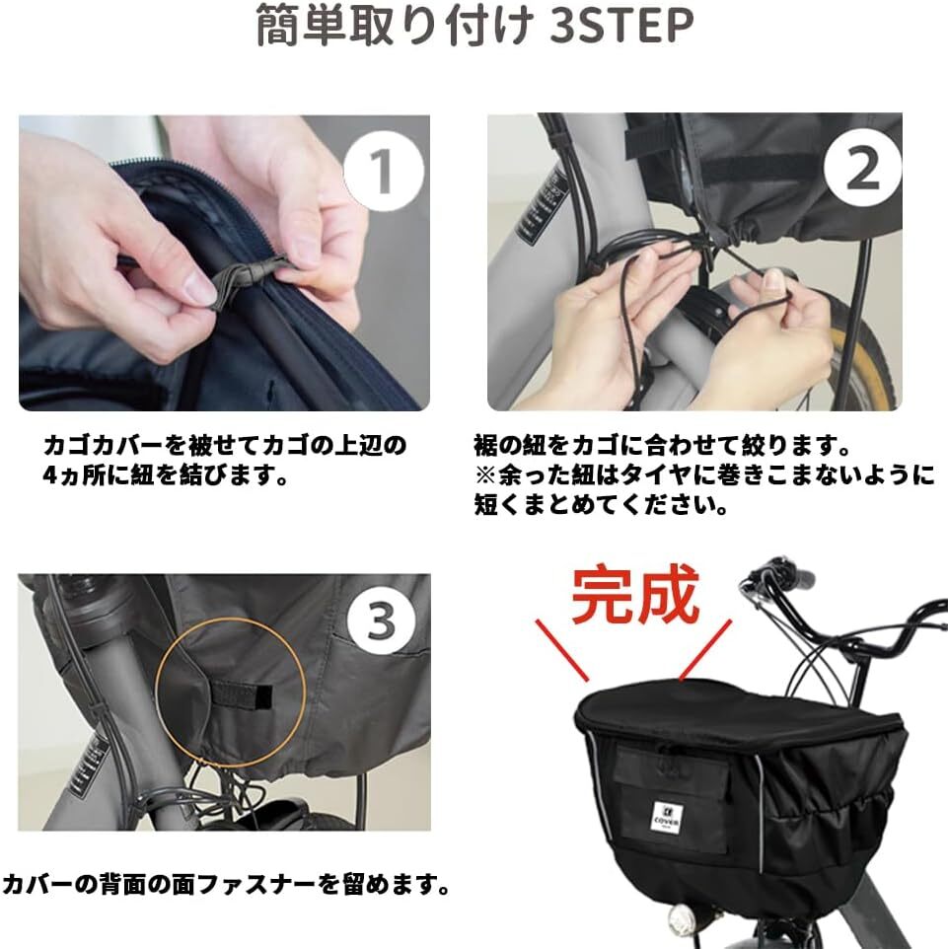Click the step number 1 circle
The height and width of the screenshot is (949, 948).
[x=384, y=172]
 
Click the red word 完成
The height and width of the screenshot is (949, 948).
[x=635, y=594]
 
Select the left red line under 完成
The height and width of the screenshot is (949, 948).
[x=561, y=650]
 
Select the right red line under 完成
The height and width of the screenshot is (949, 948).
[x=706, y=650]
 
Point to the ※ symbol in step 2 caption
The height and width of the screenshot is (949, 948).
[x=485, y=475]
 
